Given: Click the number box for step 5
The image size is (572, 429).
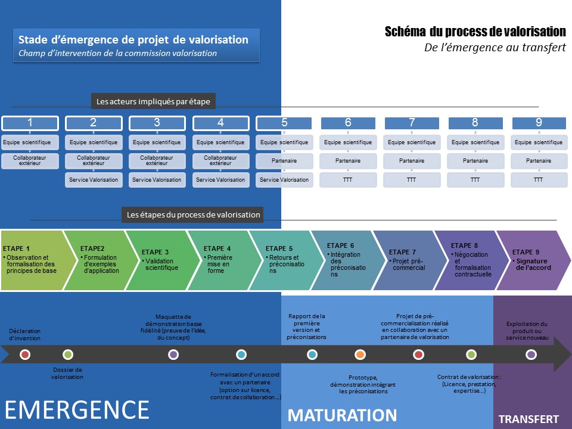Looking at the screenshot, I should (x=284, y=123).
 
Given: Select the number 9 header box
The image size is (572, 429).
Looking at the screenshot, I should (x=539, y=123).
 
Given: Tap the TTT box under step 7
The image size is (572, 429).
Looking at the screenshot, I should (x=412, y=179).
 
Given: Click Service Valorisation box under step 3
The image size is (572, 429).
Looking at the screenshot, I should (x=157, y=179).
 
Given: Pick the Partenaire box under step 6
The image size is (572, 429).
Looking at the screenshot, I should (x=348, y=161).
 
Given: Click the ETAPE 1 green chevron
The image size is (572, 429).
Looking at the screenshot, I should (x=33, y=260).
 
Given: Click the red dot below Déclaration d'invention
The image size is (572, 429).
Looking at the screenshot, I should (x=25, y=355).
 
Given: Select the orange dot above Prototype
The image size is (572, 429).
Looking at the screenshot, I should (x=360, y=355).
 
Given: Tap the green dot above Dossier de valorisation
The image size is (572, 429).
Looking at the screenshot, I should (x=67, y=355).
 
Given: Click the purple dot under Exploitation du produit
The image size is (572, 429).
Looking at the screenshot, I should (x=531, y=355).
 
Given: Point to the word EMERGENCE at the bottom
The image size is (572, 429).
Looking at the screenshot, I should (x=77, y=410).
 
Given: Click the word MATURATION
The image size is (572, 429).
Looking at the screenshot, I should (x=343, y=415).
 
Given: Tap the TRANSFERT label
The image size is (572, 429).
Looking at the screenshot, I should (x=529, y=419).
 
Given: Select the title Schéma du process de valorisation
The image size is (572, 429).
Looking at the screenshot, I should (x=475, y=32).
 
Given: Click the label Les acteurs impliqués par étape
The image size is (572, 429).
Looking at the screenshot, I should (x=153, y=102).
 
